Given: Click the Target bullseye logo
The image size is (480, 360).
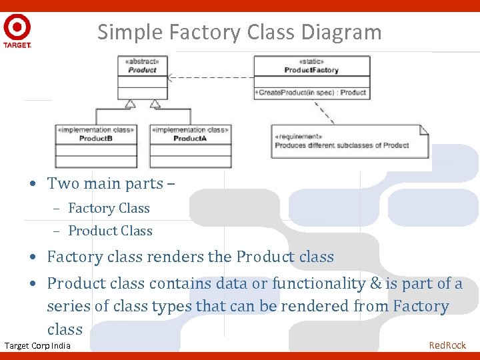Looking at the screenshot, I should [x=17, y=29].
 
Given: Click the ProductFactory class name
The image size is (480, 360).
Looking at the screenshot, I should [x=311, y=70].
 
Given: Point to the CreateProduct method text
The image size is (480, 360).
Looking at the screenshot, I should [x=311, y=93].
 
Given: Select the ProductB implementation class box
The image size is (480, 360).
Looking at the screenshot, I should [x=96, y=146].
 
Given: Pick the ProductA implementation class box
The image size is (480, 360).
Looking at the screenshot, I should [x=190, y=146].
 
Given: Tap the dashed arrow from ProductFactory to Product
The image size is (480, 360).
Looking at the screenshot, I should [x=210, y=77].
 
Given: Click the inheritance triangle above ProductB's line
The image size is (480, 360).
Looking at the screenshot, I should [x=130, y=103].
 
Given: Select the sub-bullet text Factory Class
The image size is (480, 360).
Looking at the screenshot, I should [x=109, y=209].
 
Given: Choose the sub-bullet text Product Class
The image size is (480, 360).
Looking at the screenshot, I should [x=110, y=231].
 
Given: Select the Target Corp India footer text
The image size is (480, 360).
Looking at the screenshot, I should [x=37, y=345].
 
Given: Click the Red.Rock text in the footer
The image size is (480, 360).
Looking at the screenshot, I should [x=447, y=345].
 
